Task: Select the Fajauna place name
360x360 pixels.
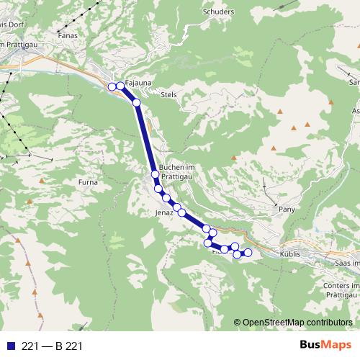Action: pyautogui.click(x=138, y=83)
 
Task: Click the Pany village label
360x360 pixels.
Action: pyautogui.click(x=287, y=209)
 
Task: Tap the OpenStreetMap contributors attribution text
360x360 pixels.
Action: pyautogui.click(x=293, y=322)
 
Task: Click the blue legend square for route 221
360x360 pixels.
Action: pyautogui.click(x=10, y=346)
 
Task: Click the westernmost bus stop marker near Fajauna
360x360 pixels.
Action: pyautogui.click(x=112, y=87)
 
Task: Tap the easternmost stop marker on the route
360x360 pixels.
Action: pyautogui.click(x=248, y=252)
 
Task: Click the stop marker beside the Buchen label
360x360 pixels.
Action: pyautogui.click(x=155, y=174)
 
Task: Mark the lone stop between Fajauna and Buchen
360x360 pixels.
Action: pyautogui.click(x=136, y=103)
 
